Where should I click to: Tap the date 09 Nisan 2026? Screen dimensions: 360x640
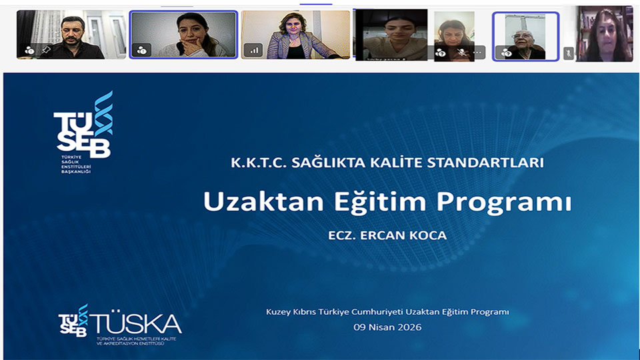coord(387,327)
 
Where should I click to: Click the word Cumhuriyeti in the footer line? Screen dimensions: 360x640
coord(380,312)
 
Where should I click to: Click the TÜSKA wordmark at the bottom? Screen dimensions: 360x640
coord(137,324)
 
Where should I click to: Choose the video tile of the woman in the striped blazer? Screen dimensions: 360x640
coord(295,35)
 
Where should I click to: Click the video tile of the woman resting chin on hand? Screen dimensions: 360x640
coord(183,35)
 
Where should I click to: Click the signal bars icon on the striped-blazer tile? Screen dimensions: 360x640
coord(253,50)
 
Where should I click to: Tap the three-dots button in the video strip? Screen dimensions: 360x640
coord(477,52)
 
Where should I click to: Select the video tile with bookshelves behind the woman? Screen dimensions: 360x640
coord(604,35)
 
